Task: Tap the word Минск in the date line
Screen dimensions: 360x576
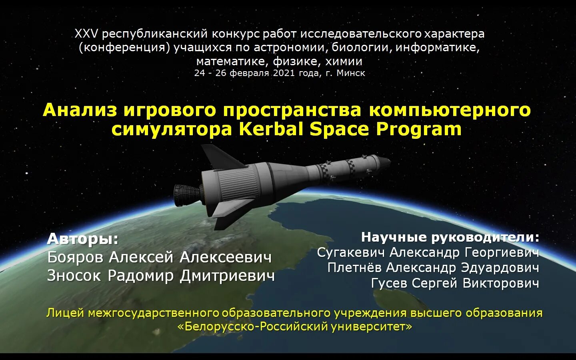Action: (351, 73)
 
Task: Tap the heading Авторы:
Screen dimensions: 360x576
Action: (83, 239)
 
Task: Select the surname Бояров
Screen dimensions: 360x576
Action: (76, 257)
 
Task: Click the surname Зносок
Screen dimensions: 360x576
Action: (74, 276)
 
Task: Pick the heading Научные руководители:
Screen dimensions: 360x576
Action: (450, 237)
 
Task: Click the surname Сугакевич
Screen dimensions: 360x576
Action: (350, 252)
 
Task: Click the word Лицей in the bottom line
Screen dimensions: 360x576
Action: (65, 313)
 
